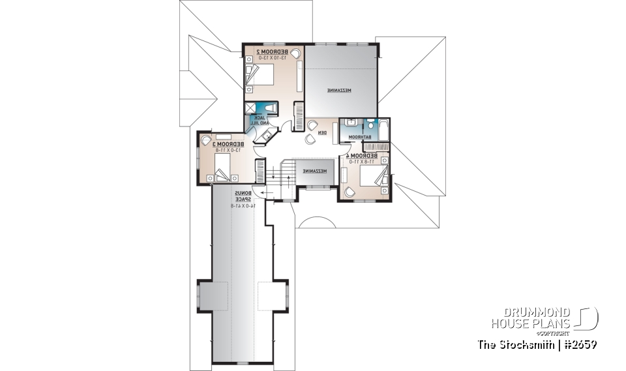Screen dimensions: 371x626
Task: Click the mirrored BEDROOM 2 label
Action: click(269, 51)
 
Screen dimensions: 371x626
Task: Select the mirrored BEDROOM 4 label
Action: click(363, 156)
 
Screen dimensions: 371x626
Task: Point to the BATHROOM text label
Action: click(358, 138)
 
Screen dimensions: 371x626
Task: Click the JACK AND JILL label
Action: click(260, 120)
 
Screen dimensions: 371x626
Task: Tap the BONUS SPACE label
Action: click(243, 196)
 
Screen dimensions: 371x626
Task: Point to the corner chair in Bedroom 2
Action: click(295, 53)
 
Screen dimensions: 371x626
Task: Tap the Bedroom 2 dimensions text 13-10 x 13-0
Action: click(269, 58)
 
